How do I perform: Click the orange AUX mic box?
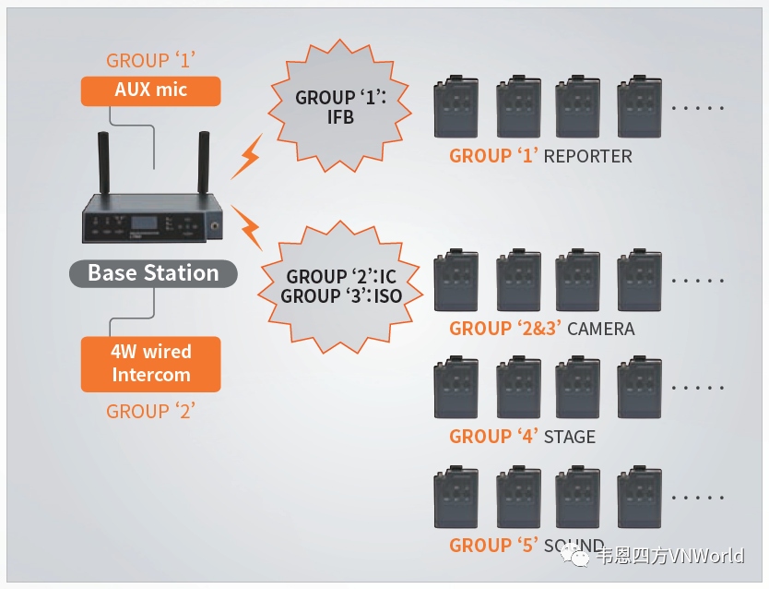click(x=151, y=90)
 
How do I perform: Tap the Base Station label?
click(x=153, y=273)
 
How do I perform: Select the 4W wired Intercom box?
click(x=151, y=363)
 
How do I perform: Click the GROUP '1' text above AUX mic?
click(x=151, y=61)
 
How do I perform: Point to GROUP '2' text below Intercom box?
click(x=151, y=412)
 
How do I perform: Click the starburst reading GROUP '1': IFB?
click(x=325, y=107)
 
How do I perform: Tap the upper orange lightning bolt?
click(x=246, y=158)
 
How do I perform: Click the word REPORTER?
click(x=588, y=156)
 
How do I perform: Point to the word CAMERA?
click(x=601, y=329)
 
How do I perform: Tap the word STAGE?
click(x=570, y=437)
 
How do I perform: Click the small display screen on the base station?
click(x=141, y=222)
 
